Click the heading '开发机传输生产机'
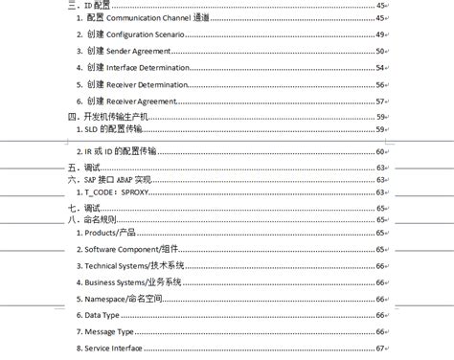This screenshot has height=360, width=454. tap(117, 116)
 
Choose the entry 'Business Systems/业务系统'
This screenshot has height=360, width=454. tap(134, 282)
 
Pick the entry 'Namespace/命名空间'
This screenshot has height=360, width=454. tap(125, 299)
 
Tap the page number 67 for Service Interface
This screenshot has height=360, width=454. tap(380, 348)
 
